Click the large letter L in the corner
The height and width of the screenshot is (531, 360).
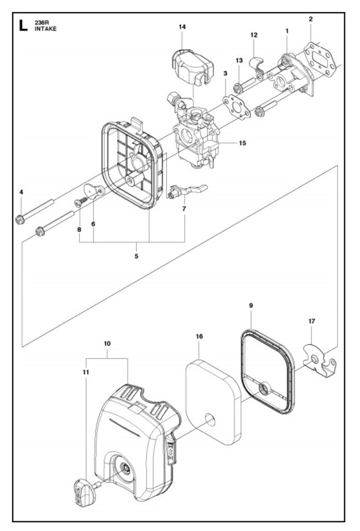point(23,26)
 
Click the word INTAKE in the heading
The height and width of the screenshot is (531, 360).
point(45,29)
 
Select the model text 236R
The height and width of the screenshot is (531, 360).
point(41,23)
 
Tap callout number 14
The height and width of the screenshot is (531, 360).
point(182,27)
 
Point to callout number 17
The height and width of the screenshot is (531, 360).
point(312,321)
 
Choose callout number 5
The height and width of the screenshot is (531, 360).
point(136,256)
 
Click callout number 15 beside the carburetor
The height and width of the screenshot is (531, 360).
point(242,143)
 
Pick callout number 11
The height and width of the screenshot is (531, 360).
point(86,372)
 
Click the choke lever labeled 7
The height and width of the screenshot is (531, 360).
point(187,191)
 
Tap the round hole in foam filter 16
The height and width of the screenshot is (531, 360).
point(211,420)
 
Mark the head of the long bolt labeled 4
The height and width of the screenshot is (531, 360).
point(20,219)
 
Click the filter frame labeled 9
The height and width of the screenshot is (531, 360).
point(268,372)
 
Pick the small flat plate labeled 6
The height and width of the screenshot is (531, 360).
point(94,190)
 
